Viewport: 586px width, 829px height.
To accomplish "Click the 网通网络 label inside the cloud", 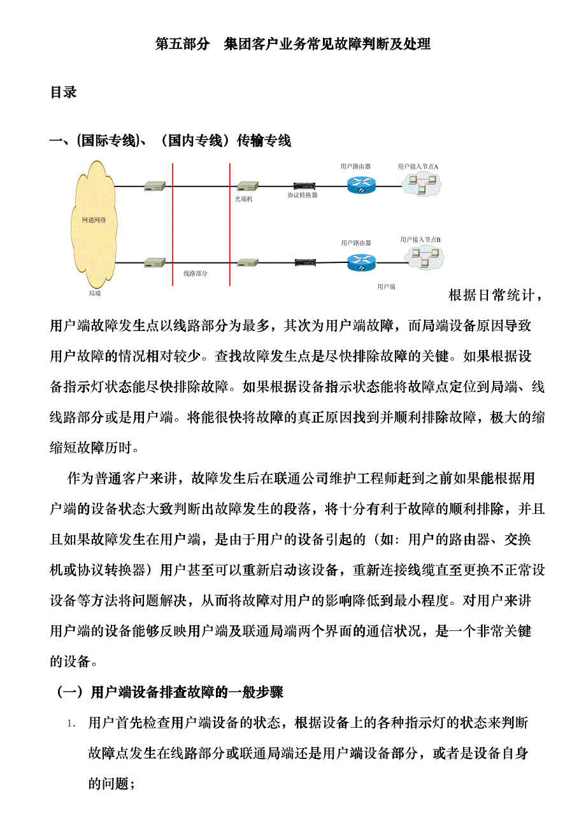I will [94, 220].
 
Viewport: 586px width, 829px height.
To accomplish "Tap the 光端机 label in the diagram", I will [244, 199].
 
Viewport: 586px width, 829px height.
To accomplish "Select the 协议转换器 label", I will [302, 195].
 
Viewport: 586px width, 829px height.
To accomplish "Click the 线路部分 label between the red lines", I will [196, 273].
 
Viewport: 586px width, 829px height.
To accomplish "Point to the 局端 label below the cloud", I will [94, 294].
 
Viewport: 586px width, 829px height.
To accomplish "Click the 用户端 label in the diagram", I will [386, 287].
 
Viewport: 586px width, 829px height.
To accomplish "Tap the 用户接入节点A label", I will [418, 166].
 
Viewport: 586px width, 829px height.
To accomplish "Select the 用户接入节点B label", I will [420, 239].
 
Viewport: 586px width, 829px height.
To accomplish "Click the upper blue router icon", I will [362, 185].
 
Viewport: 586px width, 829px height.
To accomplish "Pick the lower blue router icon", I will [362, 262].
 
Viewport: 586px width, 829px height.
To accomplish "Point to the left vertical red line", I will [173, 223].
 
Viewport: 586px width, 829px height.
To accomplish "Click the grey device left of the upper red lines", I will [155, 187].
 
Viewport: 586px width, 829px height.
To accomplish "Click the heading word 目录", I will [64, 93].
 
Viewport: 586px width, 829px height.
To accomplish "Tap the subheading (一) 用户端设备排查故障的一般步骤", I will [171, 692].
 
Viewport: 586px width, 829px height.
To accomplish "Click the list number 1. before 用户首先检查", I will [74, 724].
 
